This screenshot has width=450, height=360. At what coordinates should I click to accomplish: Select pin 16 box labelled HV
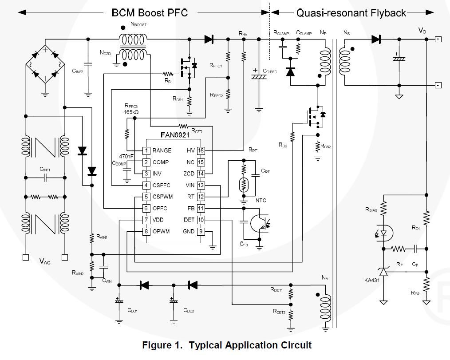point(201,151)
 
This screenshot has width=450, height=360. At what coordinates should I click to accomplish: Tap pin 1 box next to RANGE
point(146,151)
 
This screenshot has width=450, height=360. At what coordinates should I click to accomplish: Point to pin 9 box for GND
point(201,231)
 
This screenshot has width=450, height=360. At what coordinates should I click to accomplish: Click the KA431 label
point(371,281)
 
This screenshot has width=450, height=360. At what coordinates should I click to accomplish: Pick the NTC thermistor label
point(261,200)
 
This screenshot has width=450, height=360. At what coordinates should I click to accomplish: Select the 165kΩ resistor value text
point(130,113)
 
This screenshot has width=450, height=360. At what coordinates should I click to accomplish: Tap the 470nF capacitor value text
point(126,156)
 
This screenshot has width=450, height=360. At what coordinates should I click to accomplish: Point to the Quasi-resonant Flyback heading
point(351,12)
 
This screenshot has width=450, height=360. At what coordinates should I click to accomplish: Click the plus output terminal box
point(438,39)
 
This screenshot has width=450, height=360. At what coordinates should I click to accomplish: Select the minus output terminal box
point(438,85)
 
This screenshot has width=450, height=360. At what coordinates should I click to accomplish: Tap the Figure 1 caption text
point(226,345)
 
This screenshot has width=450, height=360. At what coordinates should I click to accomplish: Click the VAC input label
point(45,261)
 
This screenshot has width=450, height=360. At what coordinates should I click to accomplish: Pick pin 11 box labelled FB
point(201,208)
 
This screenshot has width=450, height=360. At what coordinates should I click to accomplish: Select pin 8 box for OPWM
point(146,231)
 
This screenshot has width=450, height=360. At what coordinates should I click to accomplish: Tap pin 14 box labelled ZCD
point(201,174)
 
